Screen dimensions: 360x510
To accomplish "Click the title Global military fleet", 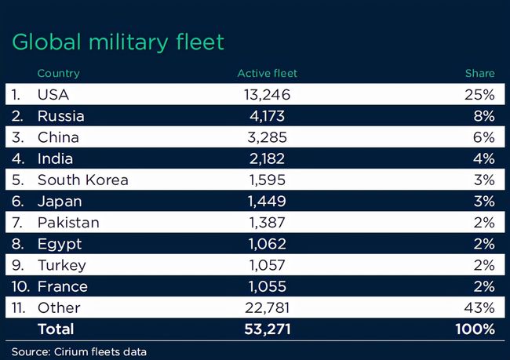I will point(118,42).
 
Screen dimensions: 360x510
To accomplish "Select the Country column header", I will point(58,74).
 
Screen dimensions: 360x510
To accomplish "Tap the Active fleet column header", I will point(267,74).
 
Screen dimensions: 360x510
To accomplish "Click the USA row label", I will point(53,95).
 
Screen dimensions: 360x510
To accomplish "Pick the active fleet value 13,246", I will point(267,95).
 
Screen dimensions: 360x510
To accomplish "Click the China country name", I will point(58,137).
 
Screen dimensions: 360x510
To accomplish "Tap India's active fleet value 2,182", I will point(267,158).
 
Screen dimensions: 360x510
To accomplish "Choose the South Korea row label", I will point(82,180).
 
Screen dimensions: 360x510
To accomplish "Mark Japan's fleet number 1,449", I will point(267,202).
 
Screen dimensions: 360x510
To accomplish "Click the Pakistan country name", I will point(68,223).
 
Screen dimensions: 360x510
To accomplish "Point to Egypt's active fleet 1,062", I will point(267,244).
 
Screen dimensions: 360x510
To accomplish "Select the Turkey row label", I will point(62,265).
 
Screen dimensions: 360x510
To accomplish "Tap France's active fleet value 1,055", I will point(267,286).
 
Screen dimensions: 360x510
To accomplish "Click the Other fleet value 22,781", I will point(267,307).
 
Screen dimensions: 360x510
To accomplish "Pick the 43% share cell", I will point(479,307).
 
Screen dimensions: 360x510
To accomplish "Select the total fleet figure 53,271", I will point(267,329).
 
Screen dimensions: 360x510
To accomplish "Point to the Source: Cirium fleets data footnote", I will point(78,351).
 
